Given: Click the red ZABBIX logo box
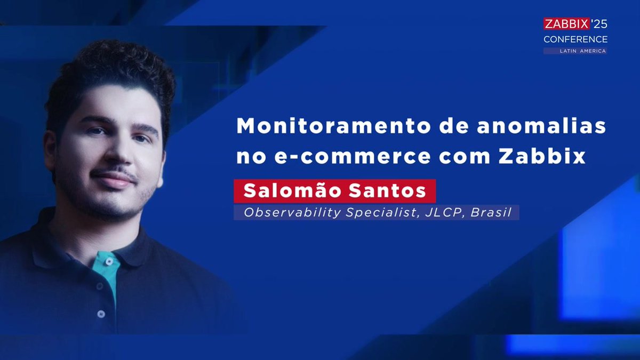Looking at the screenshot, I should (566, 24).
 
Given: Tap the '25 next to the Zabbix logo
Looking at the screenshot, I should (599, 24).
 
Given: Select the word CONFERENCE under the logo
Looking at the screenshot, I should (575, 39).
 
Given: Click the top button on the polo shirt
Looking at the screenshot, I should (111, 262).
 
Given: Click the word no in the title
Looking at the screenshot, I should (249, 157).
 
